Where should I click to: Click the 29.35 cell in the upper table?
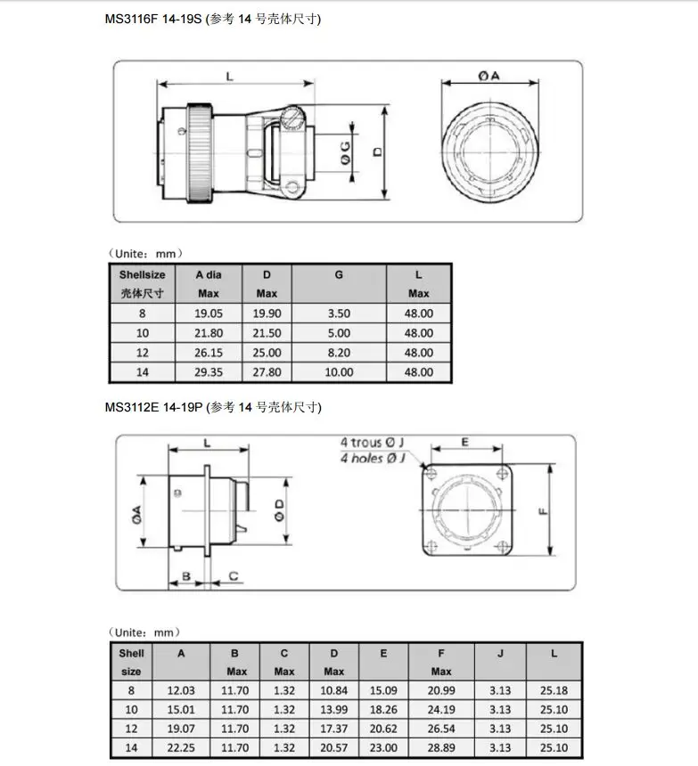coord(209,372)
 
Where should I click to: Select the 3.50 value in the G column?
coord(339,314)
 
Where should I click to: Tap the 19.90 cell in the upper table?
coord(267,314)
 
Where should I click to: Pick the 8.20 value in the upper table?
coord(339,353)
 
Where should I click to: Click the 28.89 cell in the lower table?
coord(441,748)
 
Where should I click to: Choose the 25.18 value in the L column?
coord(554,691)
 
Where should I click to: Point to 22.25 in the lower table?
coord(181,748)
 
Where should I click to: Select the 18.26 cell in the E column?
coord(383,710)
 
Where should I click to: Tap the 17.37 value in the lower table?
coord(334,729)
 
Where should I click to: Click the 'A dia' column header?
coord(209,275)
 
